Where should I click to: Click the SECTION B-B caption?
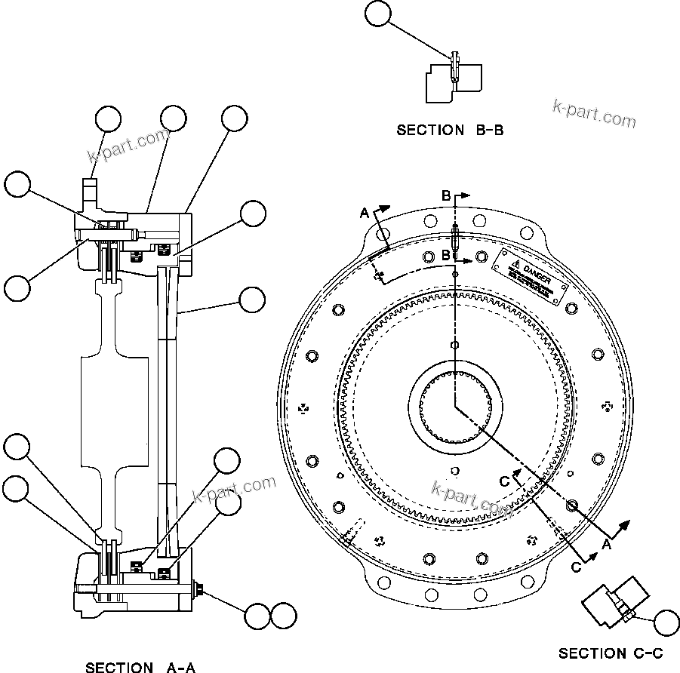point(450,130)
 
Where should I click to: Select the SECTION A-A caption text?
point(140,666)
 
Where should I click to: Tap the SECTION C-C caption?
point(611,653)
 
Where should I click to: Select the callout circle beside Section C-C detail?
point(666,623)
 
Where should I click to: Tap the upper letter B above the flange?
point(446,196)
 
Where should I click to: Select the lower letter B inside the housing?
point(446,256)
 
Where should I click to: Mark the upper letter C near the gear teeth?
point(503,481)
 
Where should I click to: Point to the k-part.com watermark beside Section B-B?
point(594,113)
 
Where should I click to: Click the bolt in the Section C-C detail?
point(624,613)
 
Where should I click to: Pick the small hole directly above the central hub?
point(454,345)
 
